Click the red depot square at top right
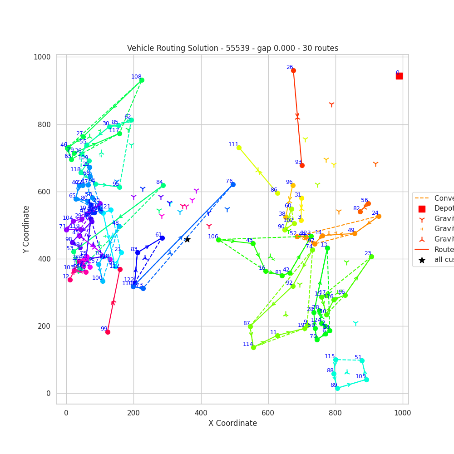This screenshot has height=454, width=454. (399, 76)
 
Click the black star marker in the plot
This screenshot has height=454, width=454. (187, 239)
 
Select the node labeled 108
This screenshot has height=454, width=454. (142, 80)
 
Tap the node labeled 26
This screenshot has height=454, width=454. (293, 70)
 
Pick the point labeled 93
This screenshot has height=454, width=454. (302, 165)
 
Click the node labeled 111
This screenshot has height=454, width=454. (239, 148)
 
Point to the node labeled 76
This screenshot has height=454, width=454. (233, 184)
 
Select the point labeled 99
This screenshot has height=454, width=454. (108, 332)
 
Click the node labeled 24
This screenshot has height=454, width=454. (379, 216)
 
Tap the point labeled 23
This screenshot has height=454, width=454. (371, 257)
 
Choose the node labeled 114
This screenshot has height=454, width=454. (253, 347)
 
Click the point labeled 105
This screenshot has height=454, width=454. (366, 380)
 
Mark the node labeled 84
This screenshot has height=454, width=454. (163, 185)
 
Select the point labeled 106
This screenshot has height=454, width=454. (218, 240)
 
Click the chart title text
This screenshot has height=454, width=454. (232, 48)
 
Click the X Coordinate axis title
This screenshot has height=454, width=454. (232, 423)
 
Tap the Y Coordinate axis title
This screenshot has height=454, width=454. (27, 229)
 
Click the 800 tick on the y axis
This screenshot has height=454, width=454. (44, 124)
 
